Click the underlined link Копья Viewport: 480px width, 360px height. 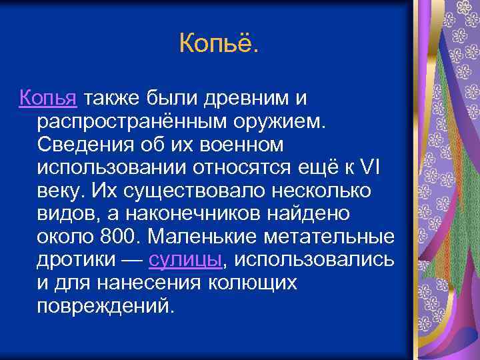click(49, 99)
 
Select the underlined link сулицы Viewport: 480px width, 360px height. click(184, 260)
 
